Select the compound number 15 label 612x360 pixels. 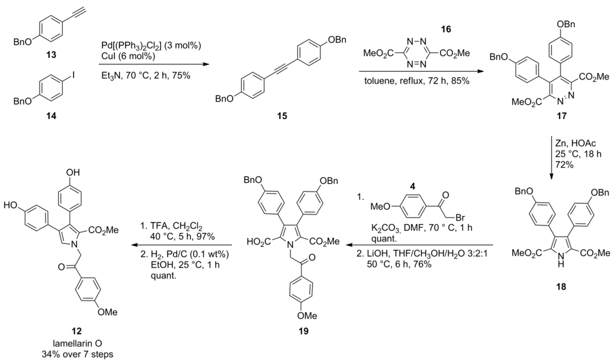coord(277,115)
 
